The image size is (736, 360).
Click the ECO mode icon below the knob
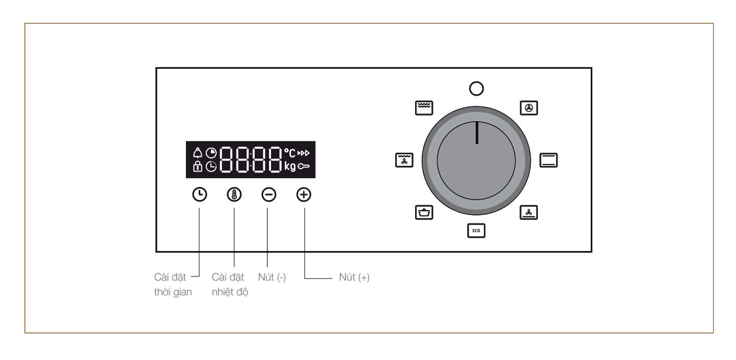coord(476,231)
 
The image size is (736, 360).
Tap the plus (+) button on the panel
coord(304,195)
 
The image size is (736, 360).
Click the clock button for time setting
coord(200,195)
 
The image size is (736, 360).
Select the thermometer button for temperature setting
coord(234,195)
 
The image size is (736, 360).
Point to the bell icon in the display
coord(198,153)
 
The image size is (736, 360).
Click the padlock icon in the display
coord(198,166)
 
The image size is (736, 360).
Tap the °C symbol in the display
coord(290,153)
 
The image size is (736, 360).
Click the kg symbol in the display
coord(290,167)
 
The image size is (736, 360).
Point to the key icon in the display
coord(304,167)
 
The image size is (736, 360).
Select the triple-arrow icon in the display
coord(304,153)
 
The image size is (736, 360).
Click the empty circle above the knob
coord(476,89)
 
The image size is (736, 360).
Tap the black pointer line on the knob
coord(477,133)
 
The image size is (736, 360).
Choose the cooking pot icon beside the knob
coord(424,212)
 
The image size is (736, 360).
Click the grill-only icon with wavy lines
coord(424,108)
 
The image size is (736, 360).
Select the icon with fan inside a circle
coord(529,108)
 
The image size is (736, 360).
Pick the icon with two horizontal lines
coord(549,160)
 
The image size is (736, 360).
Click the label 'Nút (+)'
coord(354,278)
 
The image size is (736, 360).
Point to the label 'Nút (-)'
coord(271,278)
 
